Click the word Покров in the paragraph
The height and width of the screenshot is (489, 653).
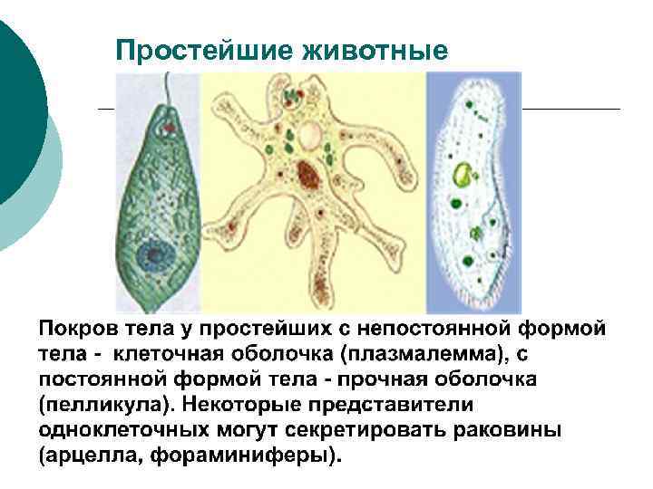74,326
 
